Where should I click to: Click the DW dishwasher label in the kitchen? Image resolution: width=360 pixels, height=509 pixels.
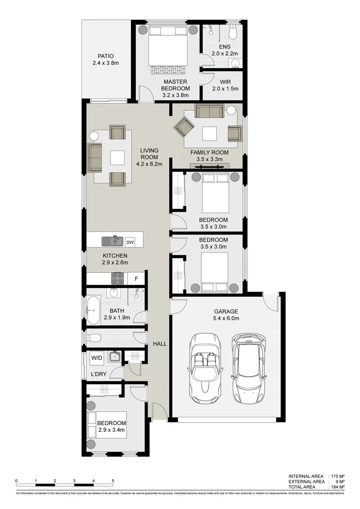coord(131,243)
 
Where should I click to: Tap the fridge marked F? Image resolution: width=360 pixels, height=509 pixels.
coord(136,279)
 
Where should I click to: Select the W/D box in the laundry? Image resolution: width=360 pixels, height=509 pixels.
coord(97,358)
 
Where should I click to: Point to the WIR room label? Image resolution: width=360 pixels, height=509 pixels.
coord(225,82)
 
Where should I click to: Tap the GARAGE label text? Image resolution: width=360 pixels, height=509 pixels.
coord(226,311)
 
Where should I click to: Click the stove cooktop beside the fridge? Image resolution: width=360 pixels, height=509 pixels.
coord(117,279)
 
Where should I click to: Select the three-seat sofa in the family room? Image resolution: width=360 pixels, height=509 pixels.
coord(210,111)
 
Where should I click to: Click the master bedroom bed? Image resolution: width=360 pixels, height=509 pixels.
coord(168,47)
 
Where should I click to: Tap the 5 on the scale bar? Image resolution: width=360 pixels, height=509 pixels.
coord(113,481)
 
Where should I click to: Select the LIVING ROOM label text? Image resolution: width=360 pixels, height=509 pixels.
coord(149,154)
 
